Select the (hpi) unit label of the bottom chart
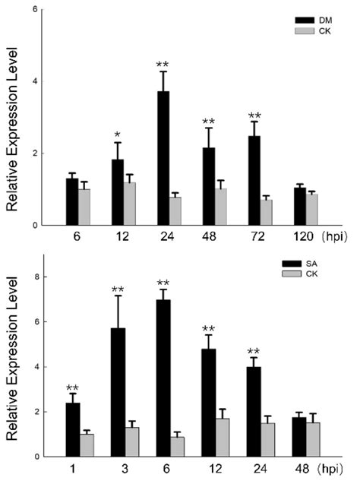pos(334,470)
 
